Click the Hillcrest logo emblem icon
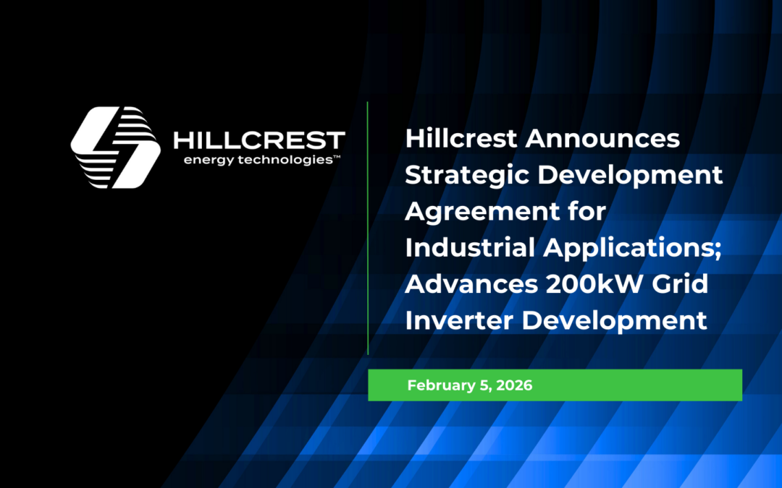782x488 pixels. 116,147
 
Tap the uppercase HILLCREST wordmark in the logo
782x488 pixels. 259,140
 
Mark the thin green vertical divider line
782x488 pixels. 368,228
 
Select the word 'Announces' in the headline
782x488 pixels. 602,138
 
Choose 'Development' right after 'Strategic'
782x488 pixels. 629,176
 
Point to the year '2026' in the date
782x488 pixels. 513,385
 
